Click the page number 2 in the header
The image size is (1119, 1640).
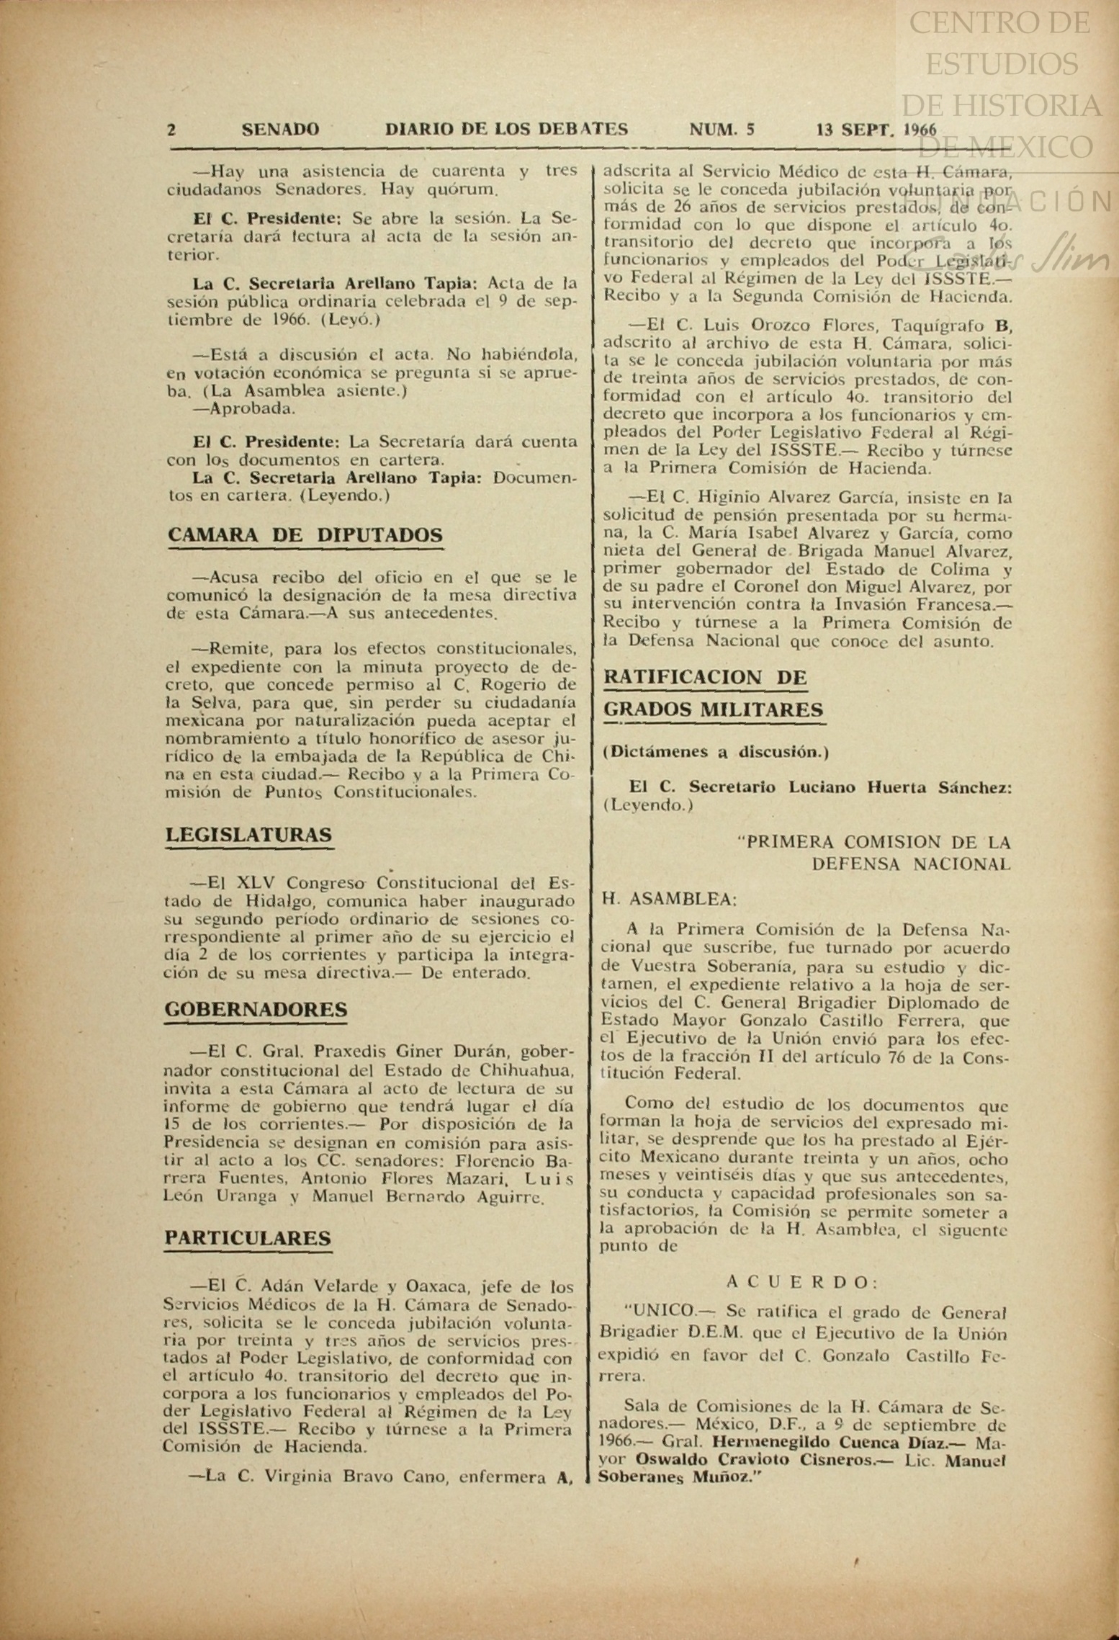[x=171, y=130]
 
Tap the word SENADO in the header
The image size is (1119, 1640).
[x=281, y=130]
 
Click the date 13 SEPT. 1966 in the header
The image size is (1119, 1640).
[x=876, y=130]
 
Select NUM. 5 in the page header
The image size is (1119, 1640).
[x=722, y=130]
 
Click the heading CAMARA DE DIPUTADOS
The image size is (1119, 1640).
[x=305, y=535]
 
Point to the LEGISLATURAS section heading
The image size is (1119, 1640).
[x=249, y=835]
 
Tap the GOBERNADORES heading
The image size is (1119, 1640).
[x=256, y=1009]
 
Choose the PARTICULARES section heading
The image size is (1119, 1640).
[x=248, y=1237]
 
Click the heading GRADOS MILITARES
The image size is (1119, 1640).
[x=714, y=710]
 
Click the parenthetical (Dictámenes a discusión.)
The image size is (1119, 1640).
[x=716, y=752]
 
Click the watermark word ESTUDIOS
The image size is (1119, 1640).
[x=1001, y=65]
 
